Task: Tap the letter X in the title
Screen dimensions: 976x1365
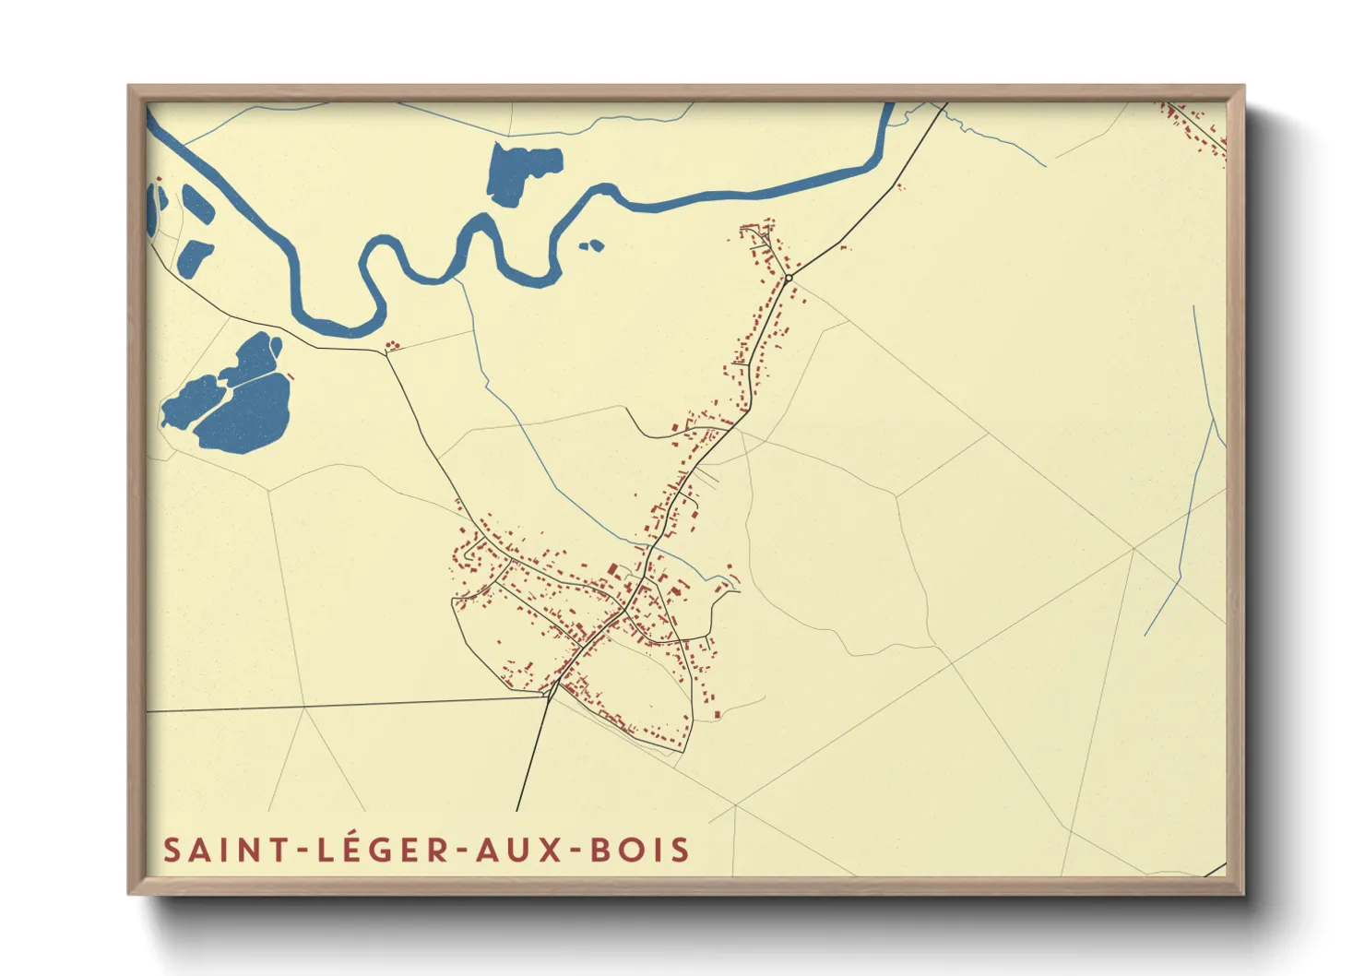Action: coord(551,850)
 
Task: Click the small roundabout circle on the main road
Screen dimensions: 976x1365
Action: coord(789,278)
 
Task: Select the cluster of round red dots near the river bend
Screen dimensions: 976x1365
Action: coord(394,346)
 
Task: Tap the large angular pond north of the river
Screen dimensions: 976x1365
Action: coord(521,172)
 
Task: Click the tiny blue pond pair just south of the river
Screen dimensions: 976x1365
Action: coord(590,245)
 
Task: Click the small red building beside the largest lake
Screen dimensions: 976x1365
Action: coord(291,375)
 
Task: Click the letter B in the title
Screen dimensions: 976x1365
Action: coord(600,850)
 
